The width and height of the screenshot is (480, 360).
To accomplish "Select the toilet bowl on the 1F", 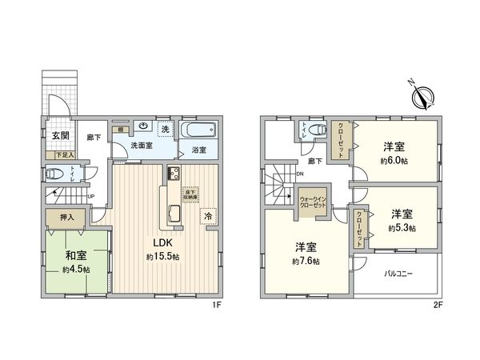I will click(55, 174).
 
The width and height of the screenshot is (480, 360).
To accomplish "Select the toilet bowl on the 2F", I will click(318, 130).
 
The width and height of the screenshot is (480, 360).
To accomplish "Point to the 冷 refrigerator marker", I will click(206, 215).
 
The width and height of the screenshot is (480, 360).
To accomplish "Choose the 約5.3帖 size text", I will click(402, 227).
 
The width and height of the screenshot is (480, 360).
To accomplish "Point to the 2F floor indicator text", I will click(437, 303).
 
